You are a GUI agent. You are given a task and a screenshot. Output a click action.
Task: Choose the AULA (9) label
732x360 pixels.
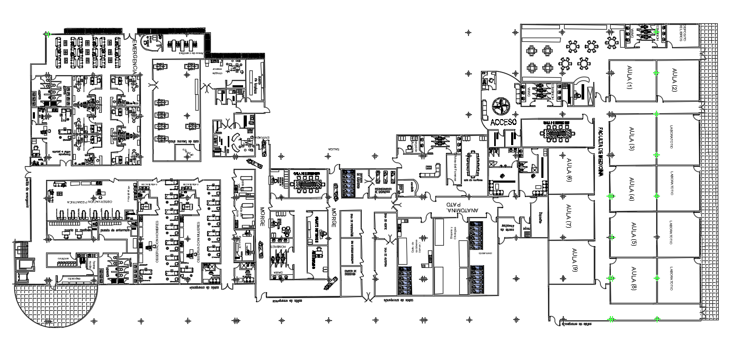point(573,260)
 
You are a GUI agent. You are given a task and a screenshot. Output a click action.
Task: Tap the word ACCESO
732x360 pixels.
point(503,122)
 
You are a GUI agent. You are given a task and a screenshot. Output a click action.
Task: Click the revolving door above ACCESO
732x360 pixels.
point(500,105)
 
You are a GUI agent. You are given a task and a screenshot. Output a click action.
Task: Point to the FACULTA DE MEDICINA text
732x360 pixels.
point(601,154)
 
